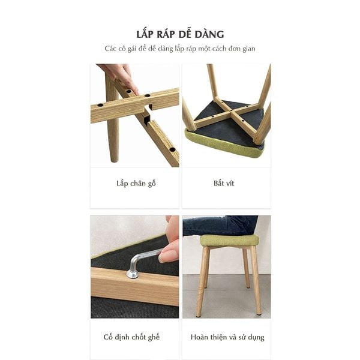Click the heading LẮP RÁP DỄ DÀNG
tap(180, 34)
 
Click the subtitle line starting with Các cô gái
tap(180, 49)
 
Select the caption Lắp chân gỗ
tap(135, 183)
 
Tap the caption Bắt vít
tap(224, 183)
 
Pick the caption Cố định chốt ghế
tap(135, 337)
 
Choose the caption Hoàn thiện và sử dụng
tap(227, 337)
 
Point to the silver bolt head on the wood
tap(133, 275)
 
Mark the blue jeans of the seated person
tap(219, 225)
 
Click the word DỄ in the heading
tap(193, 34)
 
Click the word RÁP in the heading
tap(170, 34)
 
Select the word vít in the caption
tap(230, 183)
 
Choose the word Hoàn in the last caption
tap(200, 337)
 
